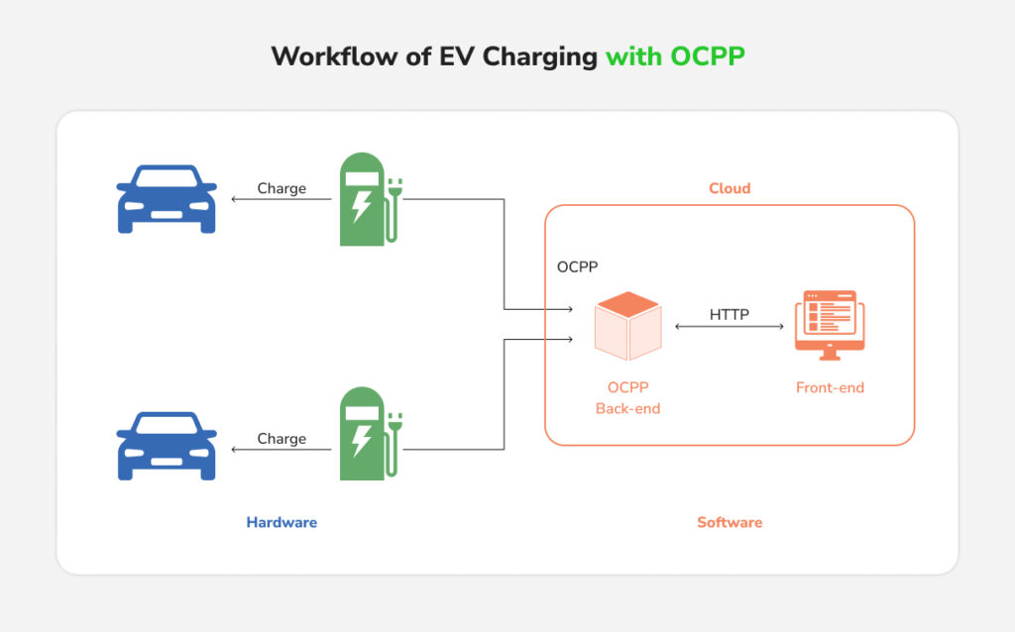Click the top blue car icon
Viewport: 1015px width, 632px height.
click(x=167, y=199)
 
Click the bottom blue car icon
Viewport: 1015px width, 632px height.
click(x=167, y=447)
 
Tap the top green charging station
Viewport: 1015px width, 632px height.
click(x=363, y=198)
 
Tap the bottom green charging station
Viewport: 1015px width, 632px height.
click(x=363, y=433)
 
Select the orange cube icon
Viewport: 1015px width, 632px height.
click(x=627, y=327)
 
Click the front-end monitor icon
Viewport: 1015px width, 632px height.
click(x=830, y=325)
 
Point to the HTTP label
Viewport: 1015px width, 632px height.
click(x=729, y=315)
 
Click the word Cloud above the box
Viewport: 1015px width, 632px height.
click(x=729, y=188)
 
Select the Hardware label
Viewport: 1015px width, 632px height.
click(x=282, y=522)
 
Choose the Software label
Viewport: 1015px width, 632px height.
click(x=729, y=522)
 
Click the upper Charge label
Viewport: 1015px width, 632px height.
click(x=282, y=188)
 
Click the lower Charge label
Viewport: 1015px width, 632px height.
click(x=282, y=439)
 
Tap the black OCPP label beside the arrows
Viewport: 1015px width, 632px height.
click(x=577, y=267)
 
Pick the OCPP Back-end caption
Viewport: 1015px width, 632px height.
click(x=627, y=398)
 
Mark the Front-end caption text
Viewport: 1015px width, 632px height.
click(x=830, y=388)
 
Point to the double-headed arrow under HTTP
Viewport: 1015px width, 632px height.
click(x=729, y=327)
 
